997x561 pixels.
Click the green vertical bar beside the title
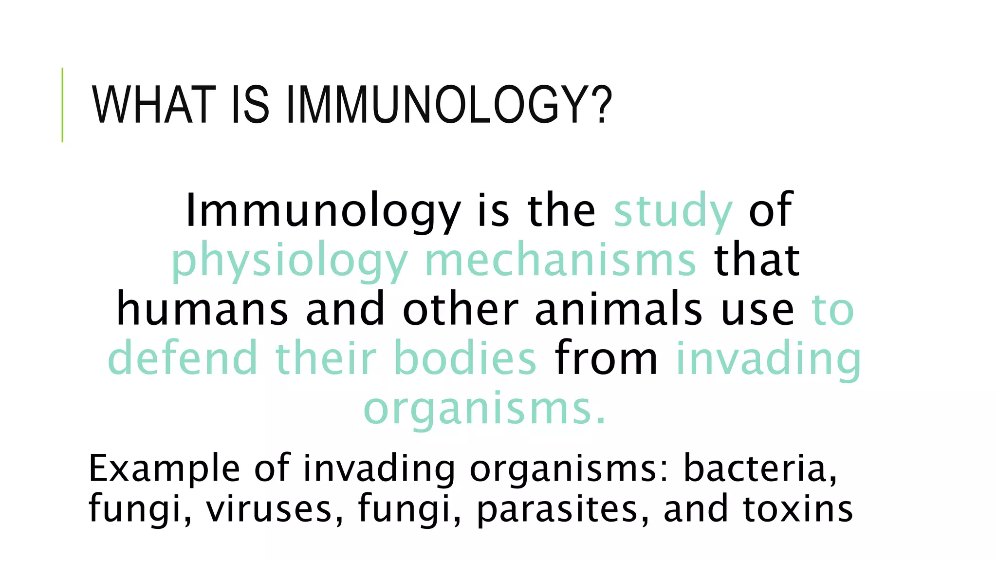click(x=62, y=105)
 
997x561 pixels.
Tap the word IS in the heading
click(x=250, y=105)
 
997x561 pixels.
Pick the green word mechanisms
click(x=560, y=261)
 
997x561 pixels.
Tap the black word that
click(x=757, y=261)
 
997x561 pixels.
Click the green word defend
click(x=182, y=359)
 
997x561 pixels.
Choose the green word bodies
click(x=465, y=359)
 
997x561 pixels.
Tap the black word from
click(x=606, y=359)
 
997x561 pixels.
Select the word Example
click(x=165, y=468)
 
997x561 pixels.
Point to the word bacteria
click(x=760, y=468)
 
